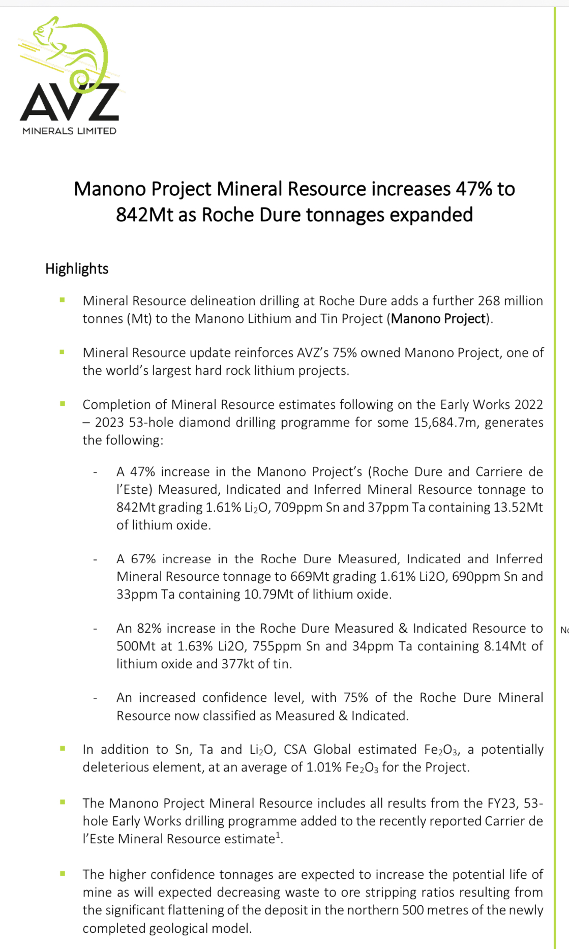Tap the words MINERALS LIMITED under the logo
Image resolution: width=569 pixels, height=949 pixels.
(x=70, y=131)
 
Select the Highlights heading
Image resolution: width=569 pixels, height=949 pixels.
(x=77, y=269)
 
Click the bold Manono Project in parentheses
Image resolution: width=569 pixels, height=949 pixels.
(x=438, y=318)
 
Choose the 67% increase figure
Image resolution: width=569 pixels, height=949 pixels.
(x=143, y=558)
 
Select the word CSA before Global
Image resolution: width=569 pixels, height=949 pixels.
(x=295, y=749)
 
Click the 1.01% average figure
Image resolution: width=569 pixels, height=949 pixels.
(x=324, y=767)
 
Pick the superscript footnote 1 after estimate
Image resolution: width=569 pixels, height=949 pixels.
(x=278, y=835)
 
